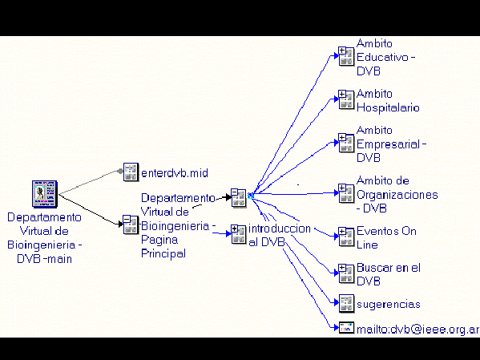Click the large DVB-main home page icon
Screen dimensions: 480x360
tap(45, 194)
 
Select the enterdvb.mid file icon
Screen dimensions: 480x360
tap(131, 172)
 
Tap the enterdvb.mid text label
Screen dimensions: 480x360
tap(175, 173)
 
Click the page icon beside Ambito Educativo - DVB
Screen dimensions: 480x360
tap(346, 56)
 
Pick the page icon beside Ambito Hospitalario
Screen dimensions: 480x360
tap(346, 99)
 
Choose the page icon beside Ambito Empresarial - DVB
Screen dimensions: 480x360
tap(346, 143)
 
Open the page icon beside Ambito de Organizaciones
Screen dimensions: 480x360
tap(346, 193)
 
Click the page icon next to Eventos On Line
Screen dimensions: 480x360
tap(346, 237)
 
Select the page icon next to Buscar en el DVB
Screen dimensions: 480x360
tap(346, 273)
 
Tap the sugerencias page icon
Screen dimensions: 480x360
tap(346, 303)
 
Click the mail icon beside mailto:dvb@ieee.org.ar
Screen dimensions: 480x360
tap(346, 327)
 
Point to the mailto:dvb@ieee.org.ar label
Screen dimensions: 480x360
tap(417, 330)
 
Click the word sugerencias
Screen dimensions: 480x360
tap(388, 305)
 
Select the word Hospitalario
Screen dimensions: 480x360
tap(388, 107)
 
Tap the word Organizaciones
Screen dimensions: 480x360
tap(397, 195)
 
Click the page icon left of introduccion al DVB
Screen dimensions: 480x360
tap(239, 235)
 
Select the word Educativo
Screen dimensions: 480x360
tap(382, 57)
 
